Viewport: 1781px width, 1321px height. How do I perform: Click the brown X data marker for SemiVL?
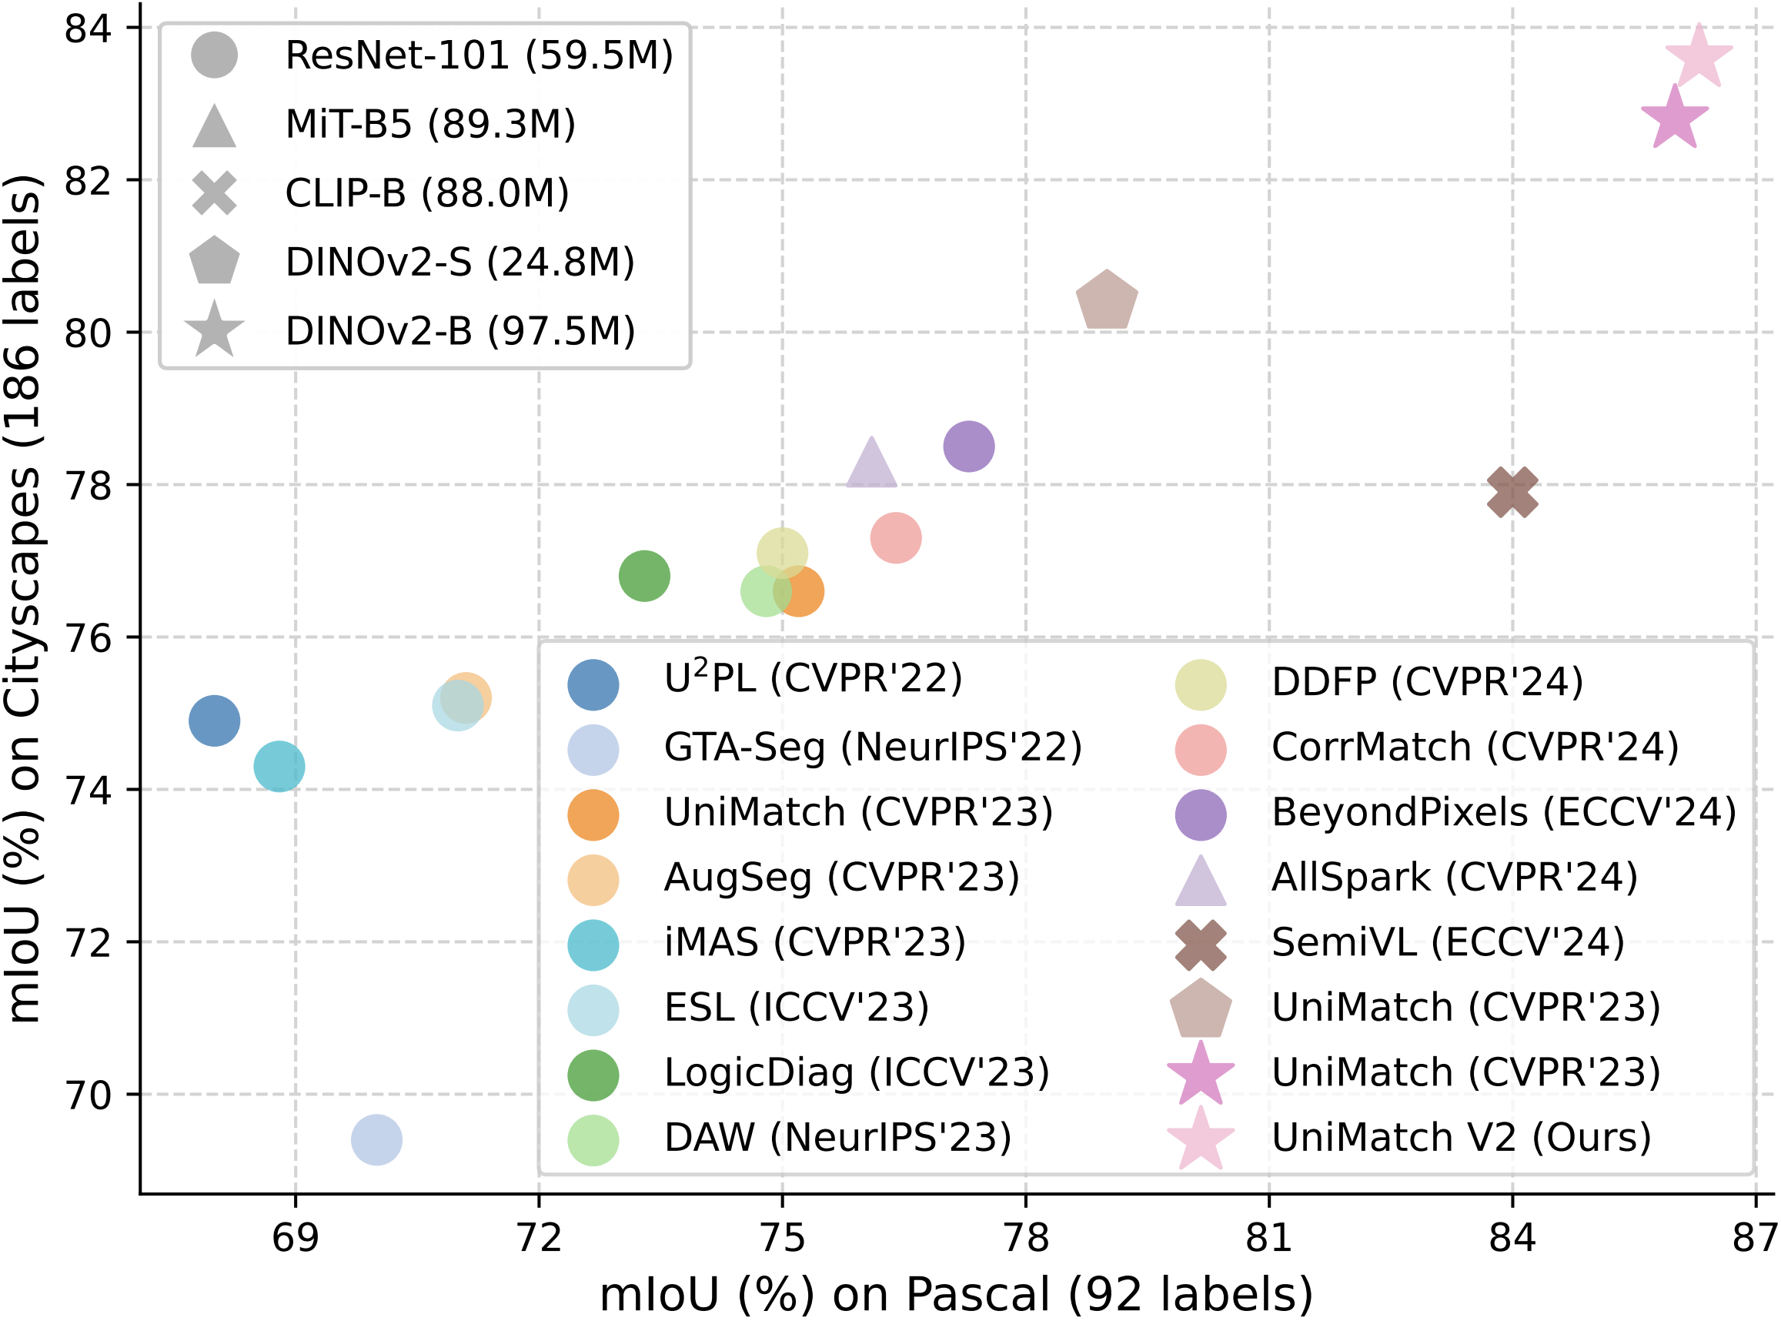click(1512, 492)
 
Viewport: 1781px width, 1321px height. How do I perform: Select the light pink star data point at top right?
click(1699, 57)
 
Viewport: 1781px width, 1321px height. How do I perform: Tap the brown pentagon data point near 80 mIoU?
click(1106, 301)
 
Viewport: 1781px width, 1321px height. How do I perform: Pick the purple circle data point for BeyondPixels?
click(969, 446)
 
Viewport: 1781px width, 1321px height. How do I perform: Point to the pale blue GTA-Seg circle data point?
click(376, 1139)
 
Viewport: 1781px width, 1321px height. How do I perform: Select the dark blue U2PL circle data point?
click(214, 721)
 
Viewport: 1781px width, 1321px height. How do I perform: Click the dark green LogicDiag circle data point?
click(644, 576)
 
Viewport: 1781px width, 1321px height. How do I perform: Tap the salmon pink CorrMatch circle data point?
click(896, 537)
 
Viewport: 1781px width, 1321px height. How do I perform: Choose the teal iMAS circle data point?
click(279, 766)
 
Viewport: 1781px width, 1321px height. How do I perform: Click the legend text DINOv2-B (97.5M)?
click(459, 331)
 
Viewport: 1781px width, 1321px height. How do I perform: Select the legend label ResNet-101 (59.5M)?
click(479, 55)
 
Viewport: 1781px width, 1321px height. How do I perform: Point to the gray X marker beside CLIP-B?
click(214, 192)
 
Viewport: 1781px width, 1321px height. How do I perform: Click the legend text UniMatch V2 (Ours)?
click(1462, 1137)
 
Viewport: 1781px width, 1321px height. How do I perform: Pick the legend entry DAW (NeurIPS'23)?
click(837, 1137)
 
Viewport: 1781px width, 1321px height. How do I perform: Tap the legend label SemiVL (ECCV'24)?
click(1448, 942)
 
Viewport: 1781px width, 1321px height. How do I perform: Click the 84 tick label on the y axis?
click(88, 28)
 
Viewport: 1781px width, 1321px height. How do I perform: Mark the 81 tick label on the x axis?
click(1268, 1238)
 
